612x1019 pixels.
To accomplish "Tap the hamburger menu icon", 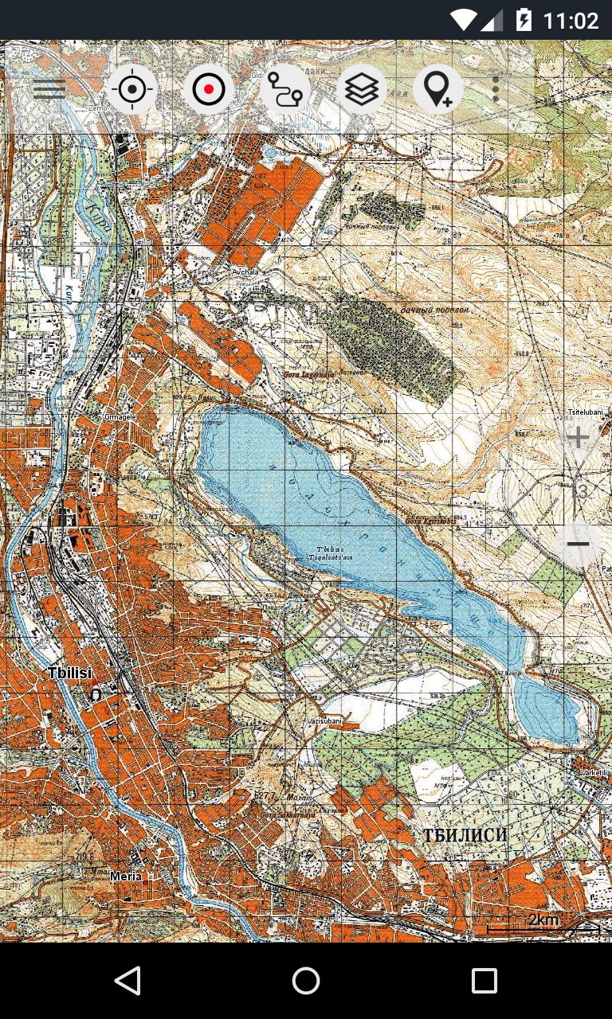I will pos(49,89).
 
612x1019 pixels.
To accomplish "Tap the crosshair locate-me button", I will pos(132,89).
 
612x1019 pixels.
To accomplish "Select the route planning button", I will pos(284,89).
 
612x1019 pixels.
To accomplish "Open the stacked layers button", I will pos(362,89).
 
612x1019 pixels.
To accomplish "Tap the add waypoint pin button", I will pos(437,89).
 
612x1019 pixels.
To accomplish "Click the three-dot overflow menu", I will pos(496,89).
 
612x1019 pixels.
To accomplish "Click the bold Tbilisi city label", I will pos(69,673).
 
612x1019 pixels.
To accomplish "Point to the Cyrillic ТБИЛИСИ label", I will pos(465,835).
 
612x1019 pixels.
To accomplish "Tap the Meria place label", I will pos(126,876).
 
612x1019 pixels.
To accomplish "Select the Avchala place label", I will pos(245,272).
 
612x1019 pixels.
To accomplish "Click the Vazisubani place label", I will pos(324,721).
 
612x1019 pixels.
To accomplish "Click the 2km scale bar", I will pos(543,923).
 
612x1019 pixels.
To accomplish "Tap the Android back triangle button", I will pos(127,981).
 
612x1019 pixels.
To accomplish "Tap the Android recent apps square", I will pos(484,981).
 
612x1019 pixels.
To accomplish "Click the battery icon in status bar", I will pos(524,20).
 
